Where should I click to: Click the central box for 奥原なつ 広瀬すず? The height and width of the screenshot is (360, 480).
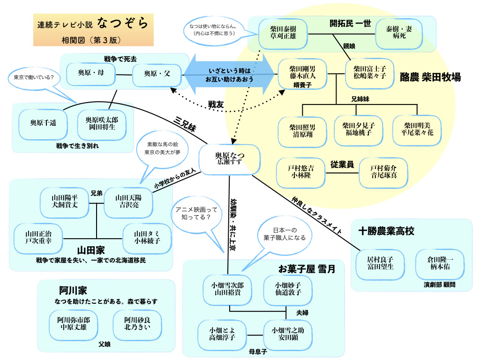click(230, 159)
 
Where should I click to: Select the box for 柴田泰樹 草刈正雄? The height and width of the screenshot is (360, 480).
click(283, 33)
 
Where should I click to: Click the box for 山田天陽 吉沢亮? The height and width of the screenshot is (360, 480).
click(128, 202)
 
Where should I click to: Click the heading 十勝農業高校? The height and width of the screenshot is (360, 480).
click(386, 231)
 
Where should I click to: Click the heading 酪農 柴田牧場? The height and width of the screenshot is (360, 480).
click(430, 77)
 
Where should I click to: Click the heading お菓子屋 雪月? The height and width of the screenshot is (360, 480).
click(307, 269)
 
